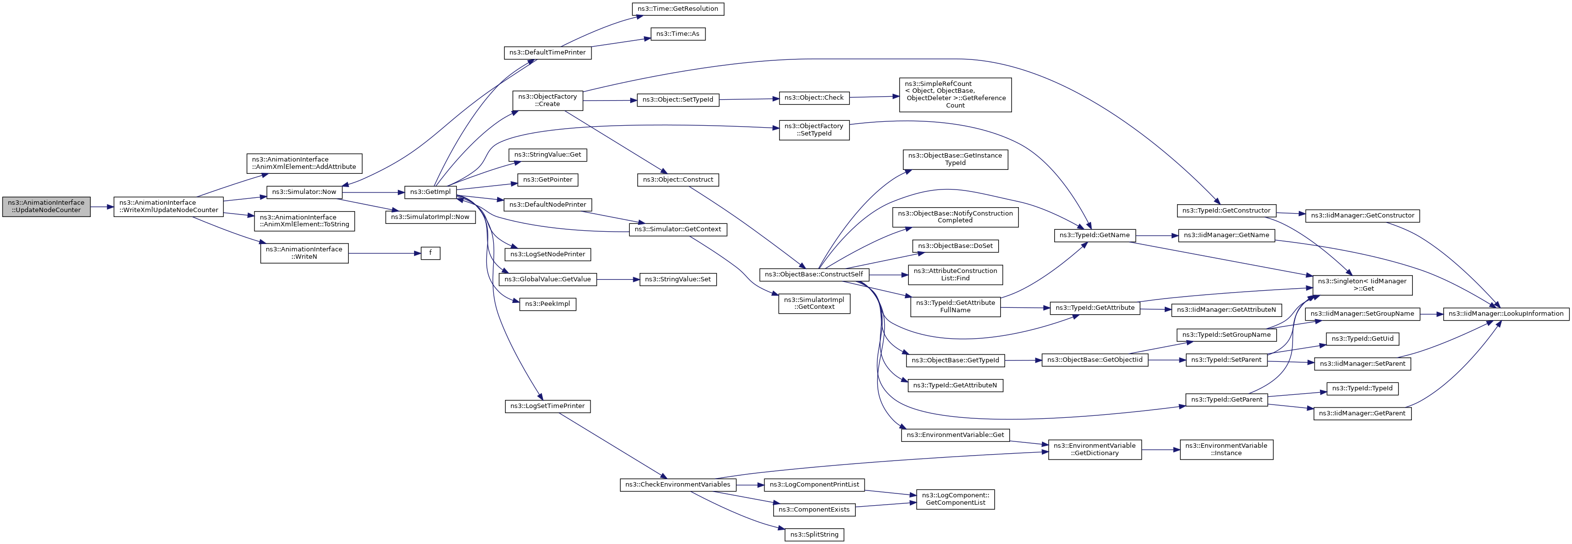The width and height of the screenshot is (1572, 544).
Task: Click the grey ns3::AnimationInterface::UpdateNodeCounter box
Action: point(46,207)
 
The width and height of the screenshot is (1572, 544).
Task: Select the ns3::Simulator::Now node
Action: point(304,192)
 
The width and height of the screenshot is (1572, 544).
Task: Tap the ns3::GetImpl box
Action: point(430,192)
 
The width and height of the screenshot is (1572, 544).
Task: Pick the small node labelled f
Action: point(430,253)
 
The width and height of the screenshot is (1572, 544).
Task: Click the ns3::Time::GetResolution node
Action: point(678,9)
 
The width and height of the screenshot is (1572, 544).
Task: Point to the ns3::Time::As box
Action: point(678,34)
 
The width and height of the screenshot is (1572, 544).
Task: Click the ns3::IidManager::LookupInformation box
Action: point(1506,314)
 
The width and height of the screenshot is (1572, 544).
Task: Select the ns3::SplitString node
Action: point(814,535)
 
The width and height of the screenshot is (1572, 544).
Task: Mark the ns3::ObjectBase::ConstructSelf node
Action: point(814,274)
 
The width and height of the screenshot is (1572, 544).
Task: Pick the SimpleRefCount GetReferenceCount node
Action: point(955,95)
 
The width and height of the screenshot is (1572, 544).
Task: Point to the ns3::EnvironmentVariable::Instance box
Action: point(1227,449)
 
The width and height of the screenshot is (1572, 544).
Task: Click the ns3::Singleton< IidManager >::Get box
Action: point(1362,285)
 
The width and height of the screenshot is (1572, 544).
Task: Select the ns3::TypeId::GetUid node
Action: point(1362,338)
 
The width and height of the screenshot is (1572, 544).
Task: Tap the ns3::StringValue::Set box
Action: point(678,279)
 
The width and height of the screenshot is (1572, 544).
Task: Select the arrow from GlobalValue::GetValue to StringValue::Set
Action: point(618,279)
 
